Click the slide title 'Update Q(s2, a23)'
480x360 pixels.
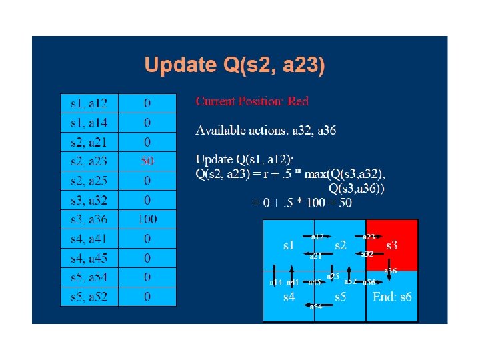click(235, 65)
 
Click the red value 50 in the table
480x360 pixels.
click(147, 161)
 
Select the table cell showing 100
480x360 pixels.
click(147, 219)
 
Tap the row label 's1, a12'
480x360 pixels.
click(89, 103)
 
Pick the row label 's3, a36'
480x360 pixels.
click(89, 219)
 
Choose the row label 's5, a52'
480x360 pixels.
click(89, 296)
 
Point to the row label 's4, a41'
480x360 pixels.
click(89, 238)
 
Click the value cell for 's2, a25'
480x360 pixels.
click(147, 181)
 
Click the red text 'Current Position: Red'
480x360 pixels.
click(252, 101)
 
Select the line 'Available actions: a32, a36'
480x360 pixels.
click(265, 131)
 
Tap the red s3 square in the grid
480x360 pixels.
click(392, 245)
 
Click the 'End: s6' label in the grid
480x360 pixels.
click(392, 297)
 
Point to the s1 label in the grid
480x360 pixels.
click(289, 245)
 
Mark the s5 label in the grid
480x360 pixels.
click(341, 297)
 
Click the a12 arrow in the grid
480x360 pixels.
click(317, 236)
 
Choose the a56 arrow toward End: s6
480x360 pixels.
click(369, 281)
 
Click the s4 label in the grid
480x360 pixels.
click(289, 297)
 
